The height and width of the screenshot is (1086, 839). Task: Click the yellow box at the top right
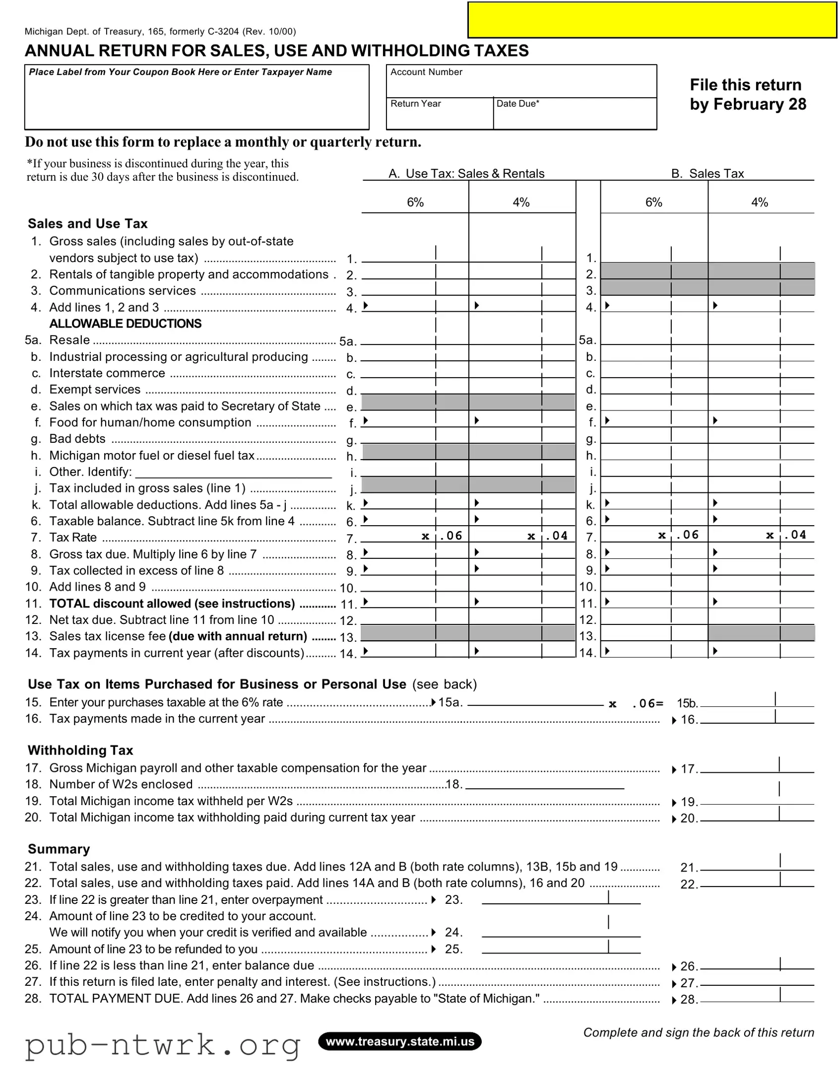(x=651, y=20)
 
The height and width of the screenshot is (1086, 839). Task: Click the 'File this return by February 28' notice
(x=747, y=94)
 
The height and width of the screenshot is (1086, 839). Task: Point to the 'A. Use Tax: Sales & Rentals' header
(x=466, y=174)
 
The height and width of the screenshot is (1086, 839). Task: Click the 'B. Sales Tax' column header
(x=707, y=174)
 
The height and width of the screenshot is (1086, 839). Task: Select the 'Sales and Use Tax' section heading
(x=87, y=224)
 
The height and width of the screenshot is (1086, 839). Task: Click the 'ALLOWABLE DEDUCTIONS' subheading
(x=125, y=324)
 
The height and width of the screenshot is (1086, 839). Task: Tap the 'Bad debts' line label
(x=77, y=439)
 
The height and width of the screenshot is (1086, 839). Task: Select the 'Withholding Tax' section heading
(x=80, y=750)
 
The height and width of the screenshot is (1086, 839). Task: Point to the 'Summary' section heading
(x=59, y=849)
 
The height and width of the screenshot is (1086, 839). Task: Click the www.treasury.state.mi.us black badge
(x=399, y=1042)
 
